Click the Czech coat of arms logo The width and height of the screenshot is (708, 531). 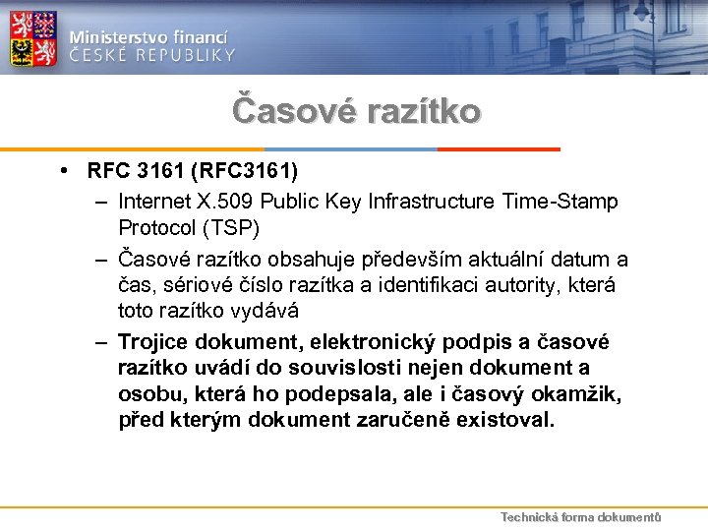(x=33, y=37)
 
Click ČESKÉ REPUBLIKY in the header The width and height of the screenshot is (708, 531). (x=151, y=55)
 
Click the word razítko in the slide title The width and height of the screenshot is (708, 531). (x=422, y=109)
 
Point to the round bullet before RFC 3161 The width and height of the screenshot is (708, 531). (x=63, y=173)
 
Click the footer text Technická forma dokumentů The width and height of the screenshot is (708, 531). (x=580, y=517)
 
